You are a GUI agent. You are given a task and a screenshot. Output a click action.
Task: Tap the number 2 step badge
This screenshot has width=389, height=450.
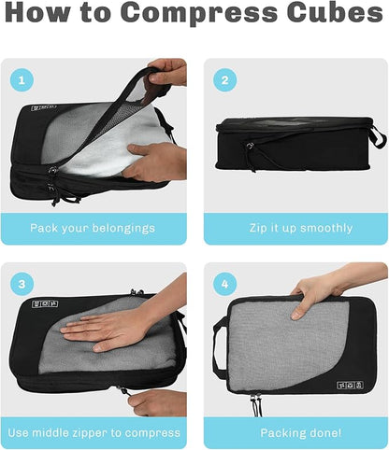pyautogui.click(x=224, y=79)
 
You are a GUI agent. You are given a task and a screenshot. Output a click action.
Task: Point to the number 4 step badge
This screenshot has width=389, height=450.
pyautogui.click(x=224, y=283)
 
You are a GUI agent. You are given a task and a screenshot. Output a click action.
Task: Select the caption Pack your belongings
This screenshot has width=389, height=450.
pyautogui.click(x=93, y=228)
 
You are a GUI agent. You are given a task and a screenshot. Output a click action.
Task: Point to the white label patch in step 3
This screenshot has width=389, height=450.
pyautogui.click(x=45, y=304)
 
